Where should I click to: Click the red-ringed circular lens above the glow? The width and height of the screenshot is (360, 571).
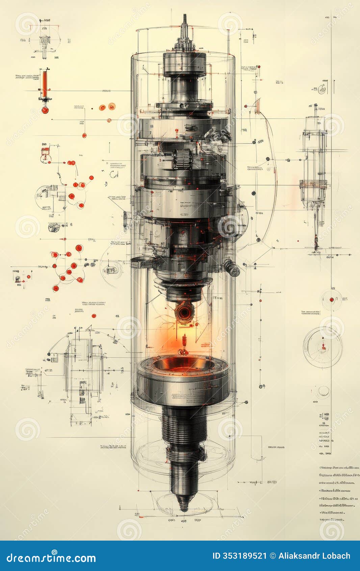pos(184,312)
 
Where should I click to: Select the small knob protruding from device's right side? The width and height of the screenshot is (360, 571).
pos(232,268)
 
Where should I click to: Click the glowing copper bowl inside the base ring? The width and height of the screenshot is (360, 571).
pos(183,364)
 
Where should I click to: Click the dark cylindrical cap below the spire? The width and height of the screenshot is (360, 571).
pos(184,64)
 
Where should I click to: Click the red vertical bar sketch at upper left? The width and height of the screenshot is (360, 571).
pos(45,83)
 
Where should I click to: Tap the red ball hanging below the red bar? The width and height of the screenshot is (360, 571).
pos(45,110)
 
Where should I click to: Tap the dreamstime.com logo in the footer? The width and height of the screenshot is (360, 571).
pos(51,557)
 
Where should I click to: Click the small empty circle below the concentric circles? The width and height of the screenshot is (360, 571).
pos(323,391)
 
